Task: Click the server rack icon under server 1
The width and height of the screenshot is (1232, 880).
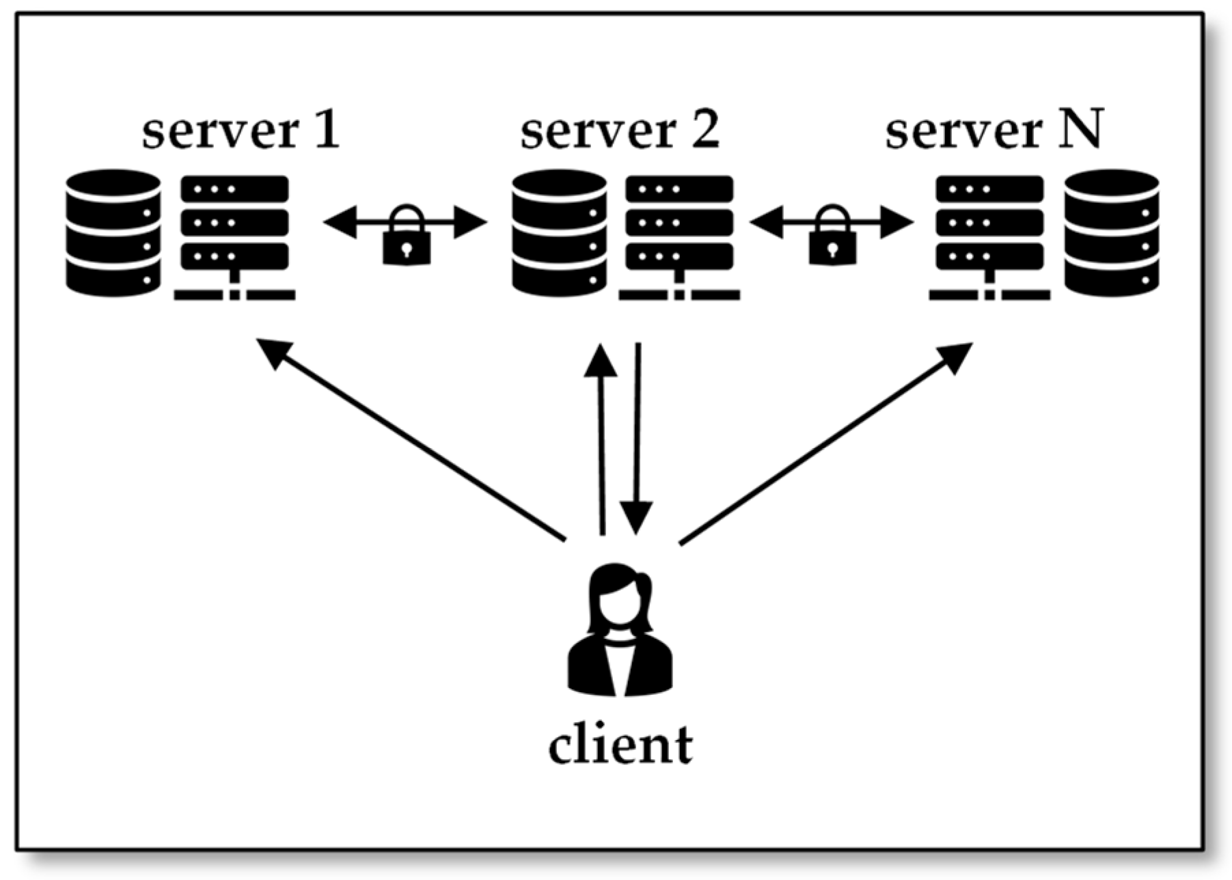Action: [234, 236]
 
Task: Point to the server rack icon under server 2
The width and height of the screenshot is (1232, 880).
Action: [679, 236]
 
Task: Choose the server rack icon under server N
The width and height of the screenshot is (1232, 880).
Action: [989, 236]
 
